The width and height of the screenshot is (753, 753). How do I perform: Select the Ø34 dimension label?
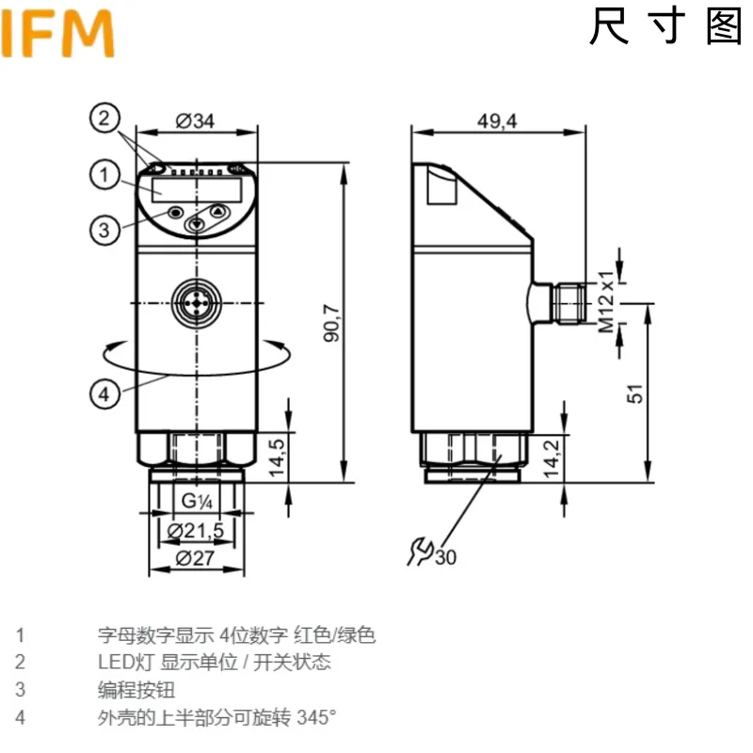pos(195,120)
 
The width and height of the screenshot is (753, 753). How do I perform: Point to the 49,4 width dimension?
pos(498,120)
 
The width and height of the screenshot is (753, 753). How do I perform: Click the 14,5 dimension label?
pos(276,456)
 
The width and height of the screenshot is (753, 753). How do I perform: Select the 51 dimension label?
pos(636,393)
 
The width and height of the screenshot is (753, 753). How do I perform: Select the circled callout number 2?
pos(105,119)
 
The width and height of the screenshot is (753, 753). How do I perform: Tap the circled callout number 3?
pos(105,228)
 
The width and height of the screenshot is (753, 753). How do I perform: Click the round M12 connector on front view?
pos(196,302)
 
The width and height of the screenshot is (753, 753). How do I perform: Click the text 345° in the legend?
pos(316,717)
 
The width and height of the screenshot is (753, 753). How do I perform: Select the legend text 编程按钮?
pos(136,690)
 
